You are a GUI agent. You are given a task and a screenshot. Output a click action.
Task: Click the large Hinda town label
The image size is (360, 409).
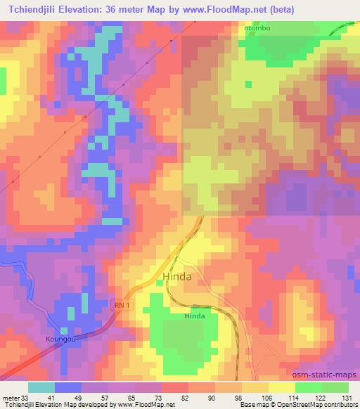(177, 277)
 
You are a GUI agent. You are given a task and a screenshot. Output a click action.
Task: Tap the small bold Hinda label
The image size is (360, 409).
(195, 316)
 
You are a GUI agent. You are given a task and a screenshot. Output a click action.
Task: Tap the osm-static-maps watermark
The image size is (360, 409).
(321, 374)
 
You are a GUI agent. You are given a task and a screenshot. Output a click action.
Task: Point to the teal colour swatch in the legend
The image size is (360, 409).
(41, 387)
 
